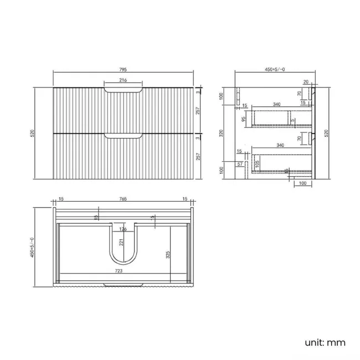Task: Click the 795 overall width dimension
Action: click(123, 70)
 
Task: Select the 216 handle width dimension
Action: click(123, 81)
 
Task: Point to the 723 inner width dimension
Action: click(119, 271)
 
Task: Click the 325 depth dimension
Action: click(167, 255)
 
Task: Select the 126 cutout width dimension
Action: click(123, 228)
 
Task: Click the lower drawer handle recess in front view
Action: click(123, 135)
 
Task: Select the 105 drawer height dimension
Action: click(258, 163)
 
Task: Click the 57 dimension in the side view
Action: click(240, 164)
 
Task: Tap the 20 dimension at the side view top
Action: click(305, 81)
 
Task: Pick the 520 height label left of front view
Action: click(32, 133)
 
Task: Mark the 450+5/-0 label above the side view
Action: click(275, 70)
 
